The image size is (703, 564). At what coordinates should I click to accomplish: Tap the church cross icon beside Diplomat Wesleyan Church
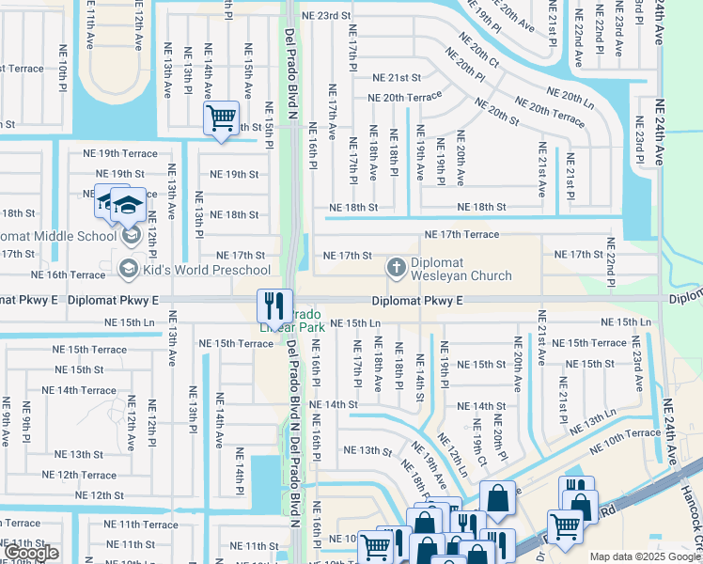click(397, 269)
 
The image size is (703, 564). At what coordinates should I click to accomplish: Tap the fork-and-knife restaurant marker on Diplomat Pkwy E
click(274, 304)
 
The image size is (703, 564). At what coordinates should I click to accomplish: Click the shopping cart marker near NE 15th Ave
click(222, 118)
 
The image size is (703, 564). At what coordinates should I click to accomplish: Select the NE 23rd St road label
click(325, 16)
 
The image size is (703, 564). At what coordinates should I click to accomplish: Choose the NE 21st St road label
click(397, 78)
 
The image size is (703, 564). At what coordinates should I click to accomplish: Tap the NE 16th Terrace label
click(68, 274)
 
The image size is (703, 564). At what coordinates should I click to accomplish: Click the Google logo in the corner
click(33, 553)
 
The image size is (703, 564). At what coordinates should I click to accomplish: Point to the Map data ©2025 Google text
click(644, 556)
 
